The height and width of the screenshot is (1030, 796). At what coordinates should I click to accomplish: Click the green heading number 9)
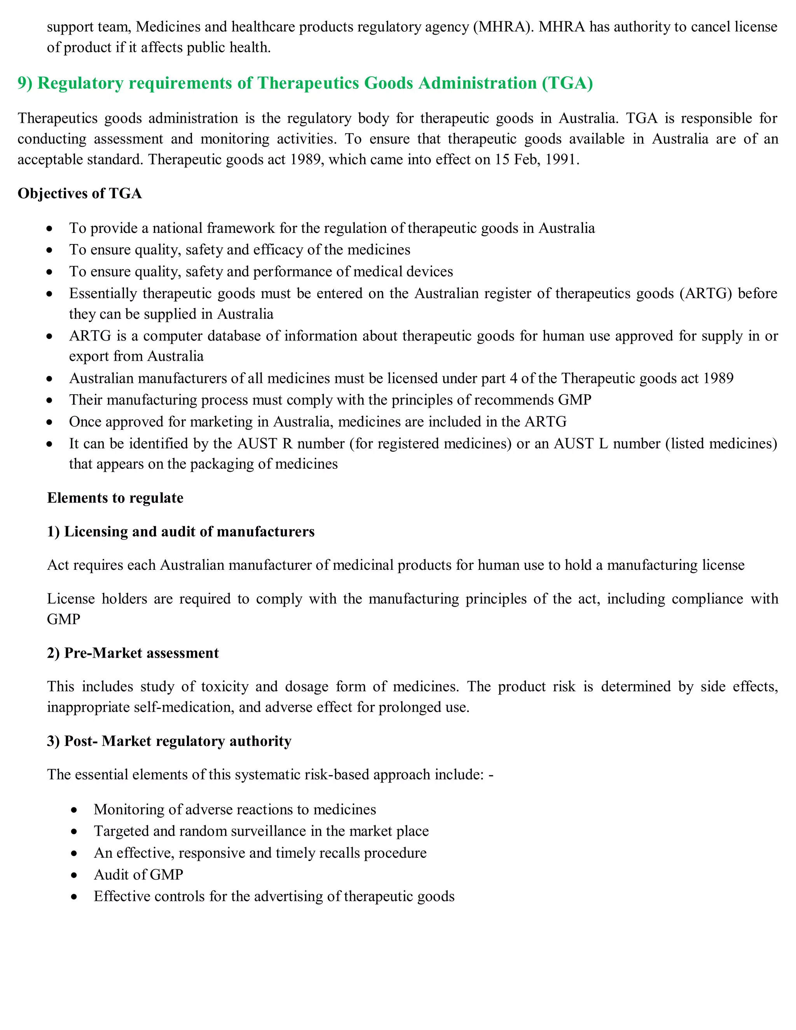click(25, 84)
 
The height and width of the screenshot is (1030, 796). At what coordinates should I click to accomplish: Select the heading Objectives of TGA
click(80, 194)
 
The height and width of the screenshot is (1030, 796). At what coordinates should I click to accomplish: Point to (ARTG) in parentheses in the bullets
click(705, 294)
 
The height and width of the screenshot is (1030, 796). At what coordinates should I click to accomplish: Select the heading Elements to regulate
click(115, 498)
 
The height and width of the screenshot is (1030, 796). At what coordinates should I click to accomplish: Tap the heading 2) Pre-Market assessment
click(133, 653)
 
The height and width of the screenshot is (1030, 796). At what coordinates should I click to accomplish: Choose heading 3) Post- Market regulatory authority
click(169, 741)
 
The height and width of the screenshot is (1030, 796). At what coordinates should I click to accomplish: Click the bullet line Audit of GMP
click(138, 875)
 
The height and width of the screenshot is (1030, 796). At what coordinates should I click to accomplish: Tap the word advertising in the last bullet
click(288, 897)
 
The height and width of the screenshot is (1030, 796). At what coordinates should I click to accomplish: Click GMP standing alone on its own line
click(64, 619)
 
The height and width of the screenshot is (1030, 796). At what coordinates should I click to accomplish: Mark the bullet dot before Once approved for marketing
click(49, 422)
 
